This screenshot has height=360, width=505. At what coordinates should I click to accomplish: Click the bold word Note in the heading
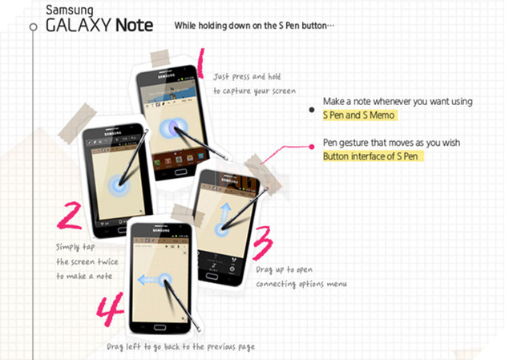click(x=134, y=25)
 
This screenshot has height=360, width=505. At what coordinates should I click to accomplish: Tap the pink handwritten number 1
click(x=199, y=64)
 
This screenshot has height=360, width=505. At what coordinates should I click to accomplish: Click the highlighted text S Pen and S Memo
click(x=359, y=115)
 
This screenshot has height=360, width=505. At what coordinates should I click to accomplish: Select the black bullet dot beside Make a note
click(x=312, y=111)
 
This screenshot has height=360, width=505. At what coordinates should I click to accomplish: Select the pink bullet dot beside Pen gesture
click(x=312, y=146)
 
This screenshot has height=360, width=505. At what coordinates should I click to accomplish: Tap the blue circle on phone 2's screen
click(x=119, y=180)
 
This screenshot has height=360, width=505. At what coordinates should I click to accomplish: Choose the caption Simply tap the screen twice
click(x=84, y=261)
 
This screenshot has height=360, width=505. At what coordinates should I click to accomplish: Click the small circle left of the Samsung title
click(x=33, y=26)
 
